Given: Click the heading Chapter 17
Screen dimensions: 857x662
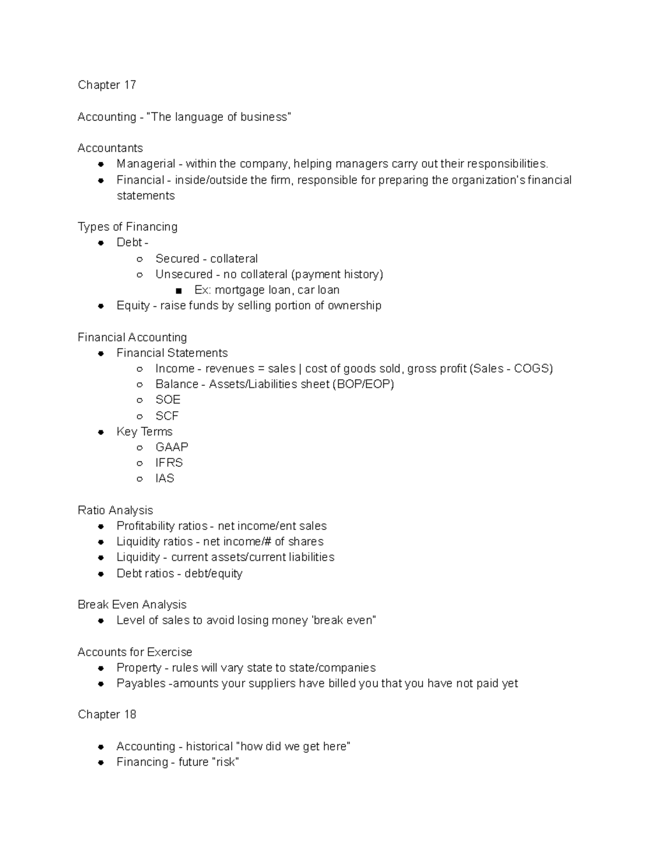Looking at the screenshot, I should pyautogui.click(x=106, y=85).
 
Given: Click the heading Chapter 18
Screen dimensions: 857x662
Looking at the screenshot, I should pyautogui.click(x=106, y=715).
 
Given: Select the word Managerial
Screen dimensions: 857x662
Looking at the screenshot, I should pyautogui.click(x=146, y=164).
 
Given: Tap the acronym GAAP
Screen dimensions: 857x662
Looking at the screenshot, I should pyautogui.click(x=172, y=447).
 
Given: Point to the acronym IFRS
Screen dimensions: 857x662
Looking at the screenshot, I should pyautogui.click(x=169, y=462).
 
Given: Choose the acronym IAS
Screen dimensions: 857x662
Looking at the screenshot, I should pyautogui.click(x=164, y=478).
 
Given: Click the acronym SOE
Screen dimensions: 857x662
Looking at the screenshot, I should pyautogui.click(x=168, y=400).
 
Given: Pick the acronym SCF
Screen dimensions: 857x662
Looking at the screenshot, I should pyautogui.click(x=167, y=416).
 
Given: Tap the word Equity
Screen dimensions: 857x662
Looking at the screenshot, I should pyautogui.click(x=132, y=306).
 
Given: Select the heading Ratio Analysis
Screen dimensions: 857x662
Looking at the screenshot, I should pyautogui.click(x=115, y=510).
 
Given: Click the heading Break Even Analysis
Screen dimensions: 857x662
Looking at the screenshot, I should pyautogui.click(x=132, y=605).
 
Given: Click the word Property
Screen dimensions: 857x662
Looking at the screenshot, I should pyautogui.click(x=138, y=668).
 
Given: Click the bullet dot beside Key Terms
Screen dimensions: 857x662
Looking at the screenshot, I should pyautogui.click(x=101, y=432).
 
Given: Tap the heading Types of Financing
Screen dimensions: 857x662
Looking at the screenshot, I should pyautogui.click(x=127, y=227).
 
